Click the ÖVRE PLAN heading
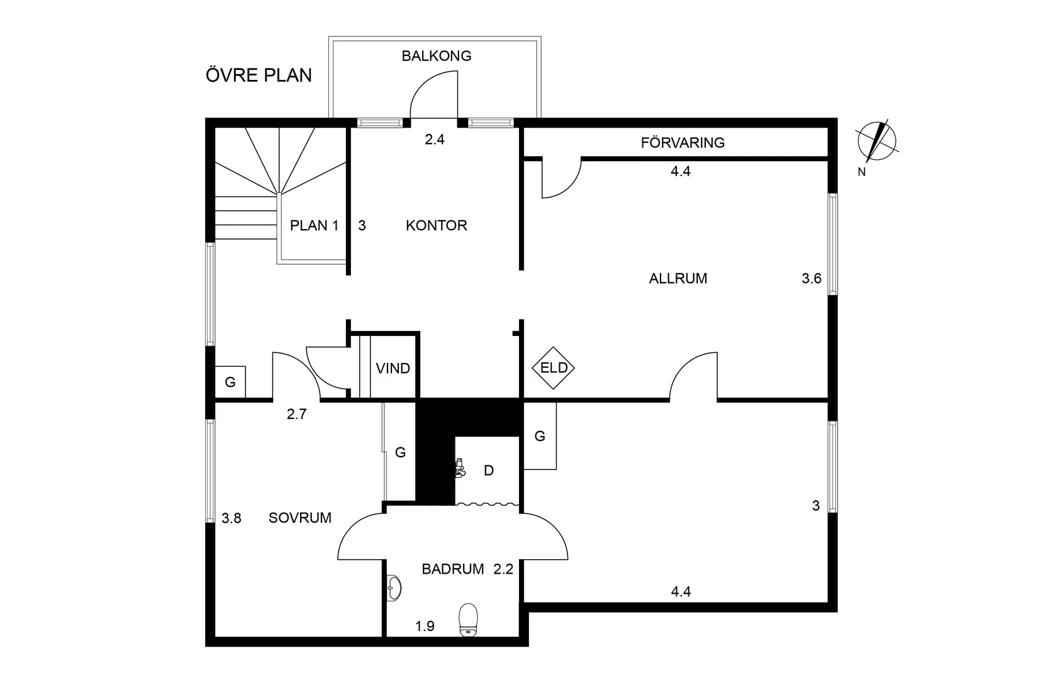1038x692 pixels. click(259, 75)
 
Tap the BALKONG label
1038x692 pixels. click(437, 56)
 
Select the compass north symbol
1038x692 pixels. click(877, 140)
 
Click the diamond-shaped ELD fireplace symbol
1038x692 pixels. click(554, 367)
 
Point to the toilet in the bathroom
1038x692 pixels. click(468, 620)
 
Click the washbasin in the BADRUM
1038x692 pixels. click(394, 588)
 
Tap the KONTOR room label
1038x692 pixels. click(436, 225)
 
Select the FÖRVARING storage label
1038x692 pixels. click(683, 143)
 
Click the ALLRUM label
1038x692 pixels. click(678, 278)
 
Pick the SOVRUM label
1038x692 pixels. click(299, 518)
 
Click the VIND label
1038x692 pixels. click(393, 368)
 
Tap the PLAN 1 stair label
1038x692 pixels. click(314, 225)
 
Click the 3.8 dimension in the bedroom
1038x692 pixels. click(232, 518)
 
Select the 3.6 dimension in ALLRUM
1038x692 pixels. click(811, 278)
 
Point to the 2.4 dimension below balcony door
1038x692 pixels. click(434, 140)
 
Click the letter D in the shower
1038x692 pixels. click(489, 471)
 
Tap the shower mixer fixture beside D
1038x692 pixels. click(460, 469)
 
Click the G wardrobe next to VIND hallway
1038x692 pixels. click(230, 382)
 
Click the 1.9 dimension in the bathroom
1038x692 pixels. click(425, 626)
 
